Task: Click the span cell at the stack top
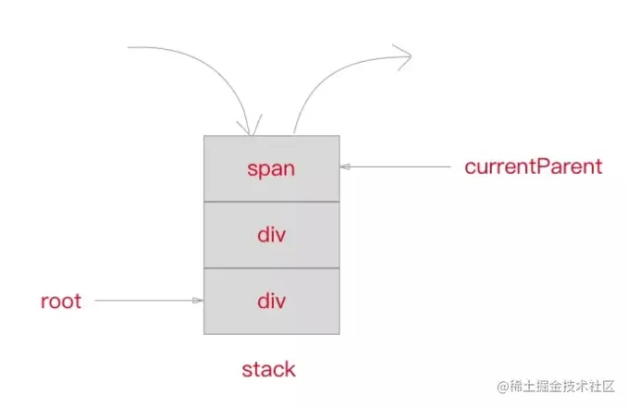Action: coord(271,168)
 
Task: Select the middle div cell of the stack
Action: coord(271,235)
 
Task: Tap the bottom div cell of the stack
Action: coord(271,302)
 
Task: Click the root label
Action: coord(61,302)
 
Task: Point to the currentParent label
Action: coord(533,167)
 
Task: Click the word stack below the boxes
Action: coord(268,370)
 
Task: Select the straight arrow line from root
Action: coord(143,301)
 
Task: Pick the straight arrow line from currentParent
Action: coord(398,167)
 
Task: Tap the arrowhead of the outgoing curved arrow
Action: coord(404,55)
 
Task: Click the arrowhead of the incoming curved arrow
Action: coord(247,129)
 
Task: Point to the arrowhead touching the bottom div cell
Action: coord(198,301)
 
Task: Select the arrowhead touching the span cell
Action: coord(345,167)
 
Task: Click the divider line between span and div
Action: coord(271,202)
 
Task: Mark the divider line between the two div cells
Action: coord(271,268)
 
